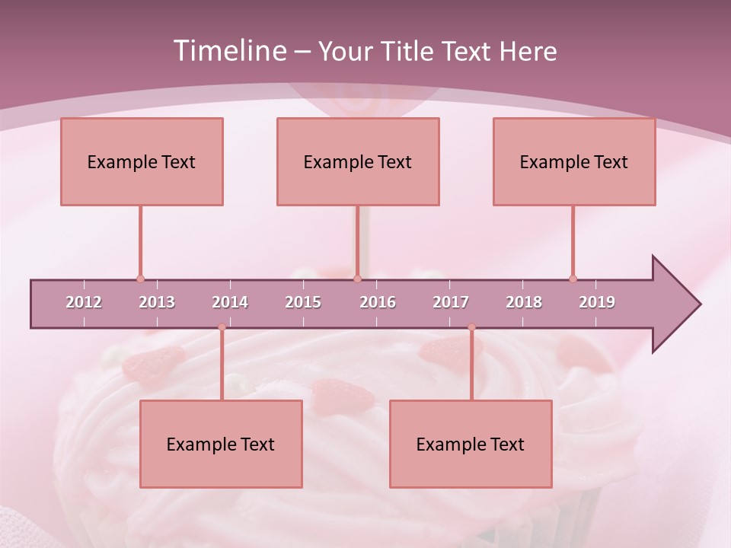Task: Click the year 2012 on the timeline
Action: [x=84, y=302]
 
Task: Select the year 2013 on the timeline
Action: [x=157, y=302]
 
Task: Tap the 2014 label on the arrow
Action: [x=230, y=302]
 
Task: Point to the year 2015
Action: [x=303, y=302]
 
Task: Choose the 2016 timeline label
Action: [x=378, y=302]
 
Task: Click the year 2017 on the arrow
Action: [x=451, y=302]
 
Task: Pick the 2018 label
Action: [x=524, y=302]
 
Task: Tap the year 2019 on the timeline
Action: [x=597, y=302]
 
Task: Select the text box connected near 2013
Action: [x=142, y=161]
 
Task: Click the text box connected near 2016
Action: [x=358, y=161]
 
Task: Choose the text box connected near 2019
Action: [x=574, y=161]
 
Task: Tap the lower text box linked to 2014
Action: [x=221, y=444]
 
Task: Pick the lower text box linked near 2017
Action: [x=471, y=444]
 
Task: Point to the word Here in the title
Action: [x=528, y=51]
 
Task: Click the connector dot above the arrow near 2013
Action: [x=140, y=279]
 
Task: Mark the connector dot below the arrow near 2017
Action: [x=471, y=327]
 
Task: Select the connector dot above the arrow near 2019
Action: [x=573, y=279]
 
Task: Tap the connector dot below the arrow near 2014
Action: [x=222, y=327]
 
